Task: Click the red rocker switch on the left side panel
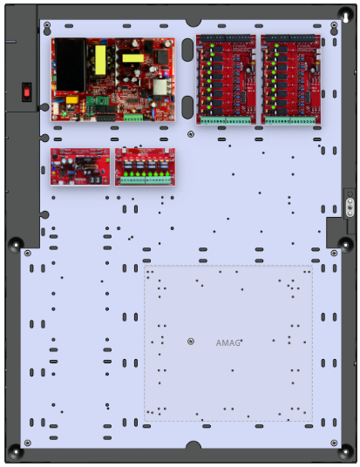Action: click(27, 92)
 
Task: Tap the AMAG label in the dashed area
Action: click(228, 343)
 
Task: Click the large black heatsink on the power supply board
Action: click(70, 64)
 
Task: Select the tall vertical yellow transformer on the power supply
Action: click(100, 60)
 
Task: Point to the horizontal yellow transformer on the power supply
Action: click(132, 58)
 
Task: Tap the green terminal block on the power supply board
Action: click(133, 118)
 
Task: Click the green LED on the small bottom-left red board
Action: click(107, 160)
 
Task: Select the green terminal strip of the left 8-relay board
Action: click(226, 120)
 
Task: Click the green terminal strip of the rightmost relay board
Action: click(290, 120)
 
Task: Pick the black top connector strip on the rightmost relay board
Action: click(289, 37)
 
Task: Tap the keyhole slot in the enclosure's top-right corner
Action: click(346, 17)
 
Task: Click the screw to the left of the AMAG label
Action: click(191, 342)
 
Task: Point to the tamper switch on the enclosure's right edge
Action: click(350, 205)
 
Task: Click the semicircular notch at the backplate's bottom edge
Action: click(194, 444)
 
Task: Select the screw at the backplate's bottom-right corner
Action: click(334, 443)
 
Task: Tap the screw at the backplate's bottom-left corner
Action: click(27, 443)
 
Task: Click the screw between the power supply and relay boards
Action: click(191, 134)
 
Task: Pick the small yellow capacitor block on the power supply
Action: click(71, 99)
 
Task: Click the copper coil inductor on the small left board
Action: click(88, 172)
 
